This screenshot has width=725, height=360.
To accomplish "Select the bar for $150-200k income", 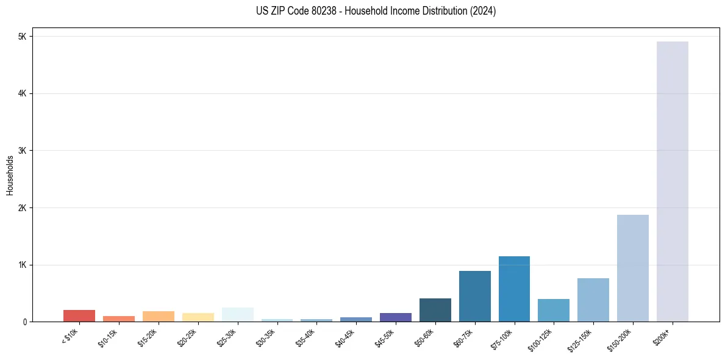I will pyautogui.click(x=632, y=268).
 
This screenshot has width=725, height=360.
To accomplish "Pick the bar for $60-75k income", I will pyautogui.click(x=474, y=296).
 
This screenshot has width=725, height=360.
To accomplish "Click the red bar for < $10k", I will pyautogui.click(x=79, y=315).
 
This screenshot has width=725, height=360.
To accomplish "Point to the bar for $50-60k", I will pyautogui.click(x=435, y=310).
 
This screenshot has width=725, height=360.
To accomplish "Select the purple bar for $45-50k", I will pyautogui.click(x=395, y=317).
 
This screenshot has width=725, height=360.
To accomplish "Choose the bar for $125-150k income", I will pyautogui.click(x=593, y=300).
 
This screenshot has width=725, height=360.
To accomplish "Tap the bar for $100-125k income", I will pyautogui.click(x=554, y=310).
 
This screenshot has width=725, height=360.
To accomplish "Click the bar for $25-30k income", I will pyautogui.click(x=237, y=315).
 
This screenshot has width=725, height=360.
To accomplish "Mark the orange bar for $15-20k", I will pyautogui.click(x=159, y=316).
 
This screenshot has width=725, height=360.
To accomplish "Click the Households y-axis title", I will pyautogui.click(x=10, y=175).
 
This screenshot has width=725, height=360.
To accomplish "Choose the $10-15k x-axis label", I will pyautogui.click(x=108, y=336).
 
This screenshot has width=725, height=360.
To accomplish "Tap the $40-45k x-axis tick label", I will pyautogui.click(x=345, y=336).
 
